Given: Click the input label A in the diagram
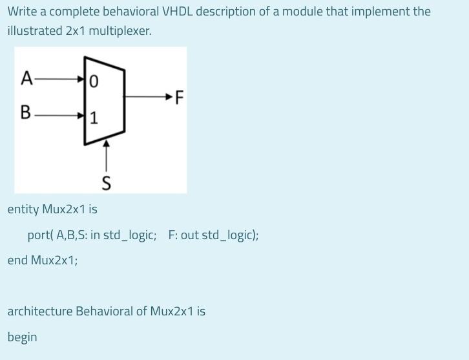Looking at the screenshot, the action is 26,79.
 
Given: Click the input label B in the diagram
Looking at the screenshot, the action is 26,112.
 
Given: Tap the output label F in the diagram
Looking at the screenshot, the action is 179,98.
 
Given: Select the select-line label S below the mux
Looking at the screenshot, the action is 107,184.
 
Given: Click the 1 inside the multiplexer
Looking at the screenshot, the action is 94,118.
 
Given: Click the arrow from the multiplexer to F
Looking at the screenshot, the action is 149,98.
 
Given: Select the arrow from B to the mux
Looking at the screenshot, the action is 59,115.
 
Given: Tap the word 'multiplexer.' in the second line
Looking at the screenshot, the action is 120,31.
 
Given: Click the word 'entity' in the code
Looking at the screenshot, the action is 23,209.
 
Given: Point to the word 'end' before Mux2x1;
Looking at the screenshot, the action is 17,260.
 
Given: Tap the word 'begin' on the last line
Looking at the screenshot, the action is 23,337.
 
